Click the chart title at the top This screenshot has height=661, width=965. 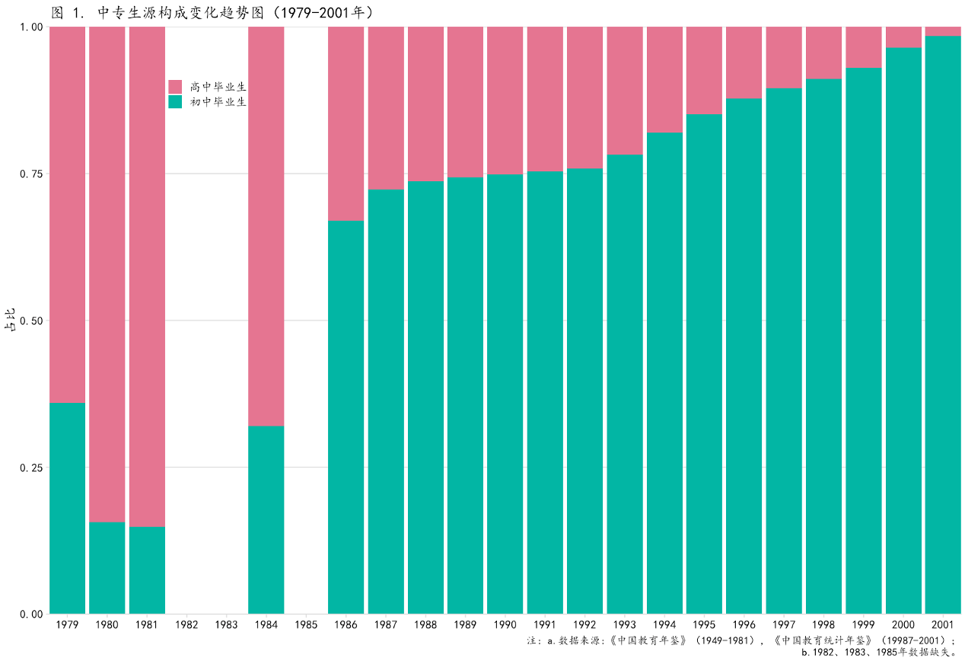tap(212, 12)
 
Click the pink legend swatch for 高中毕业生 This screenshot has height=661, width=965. tap(175, 86)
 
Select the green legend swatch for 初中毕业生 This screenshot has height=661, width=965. tap(175, 101)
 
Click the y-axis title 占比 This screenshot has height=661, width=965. tap(10, 321)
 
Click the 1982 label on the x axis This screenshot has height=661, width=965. tap(186, 625)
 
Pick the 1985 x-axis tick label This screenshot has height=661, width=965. tap(306, 625)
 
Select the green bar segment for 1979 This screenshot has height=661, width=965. tap(67, 508)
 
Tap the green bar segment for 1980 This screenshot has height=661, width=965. tap(107, 567)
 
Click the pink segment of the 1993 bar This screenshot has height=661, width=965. tap(625, 91)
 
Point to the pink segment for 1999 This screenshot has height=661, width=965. tap(864, 47)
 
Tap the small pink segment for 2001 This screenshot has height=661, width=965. tap(943, 31)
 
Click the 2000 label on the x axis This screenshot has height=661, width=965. tap(903, 625)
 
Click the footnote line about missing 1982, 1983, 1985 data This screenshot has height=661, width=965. tap(878, 652)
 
